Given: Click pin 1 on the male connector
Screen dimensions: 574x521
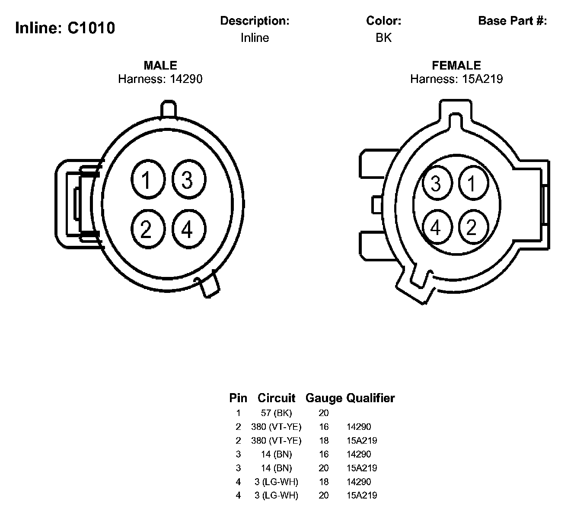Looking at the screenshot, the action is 148,179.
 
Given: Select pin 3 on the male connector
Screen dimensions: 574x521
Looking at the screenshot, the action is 189,179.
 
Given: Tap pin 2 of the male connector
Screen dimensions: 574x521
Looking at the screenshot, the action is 148,229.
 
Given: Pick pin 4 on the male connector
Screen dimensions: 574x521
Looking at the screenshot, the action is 189,229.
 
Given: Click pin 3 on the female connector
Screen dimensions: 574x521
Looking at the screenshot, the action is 437,183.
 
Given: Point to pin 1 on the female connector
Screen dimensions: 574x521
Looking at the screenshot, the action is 474,183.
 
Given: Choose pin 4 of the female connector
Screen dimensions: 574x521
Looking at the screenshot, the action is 437,227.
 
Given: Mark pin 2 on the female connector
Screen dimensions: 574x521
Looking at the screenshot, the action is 474,227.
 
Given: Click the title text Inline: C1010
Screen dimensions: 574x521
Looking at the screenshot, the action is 65,28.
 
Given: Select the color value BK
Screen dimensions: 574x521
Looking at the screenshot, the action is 383,38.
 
